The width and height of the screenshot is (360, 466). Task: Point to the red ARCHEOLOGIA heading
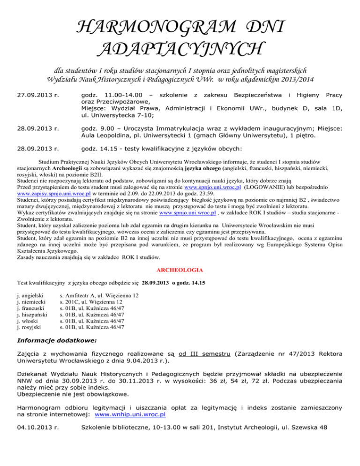click(180, 270)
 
